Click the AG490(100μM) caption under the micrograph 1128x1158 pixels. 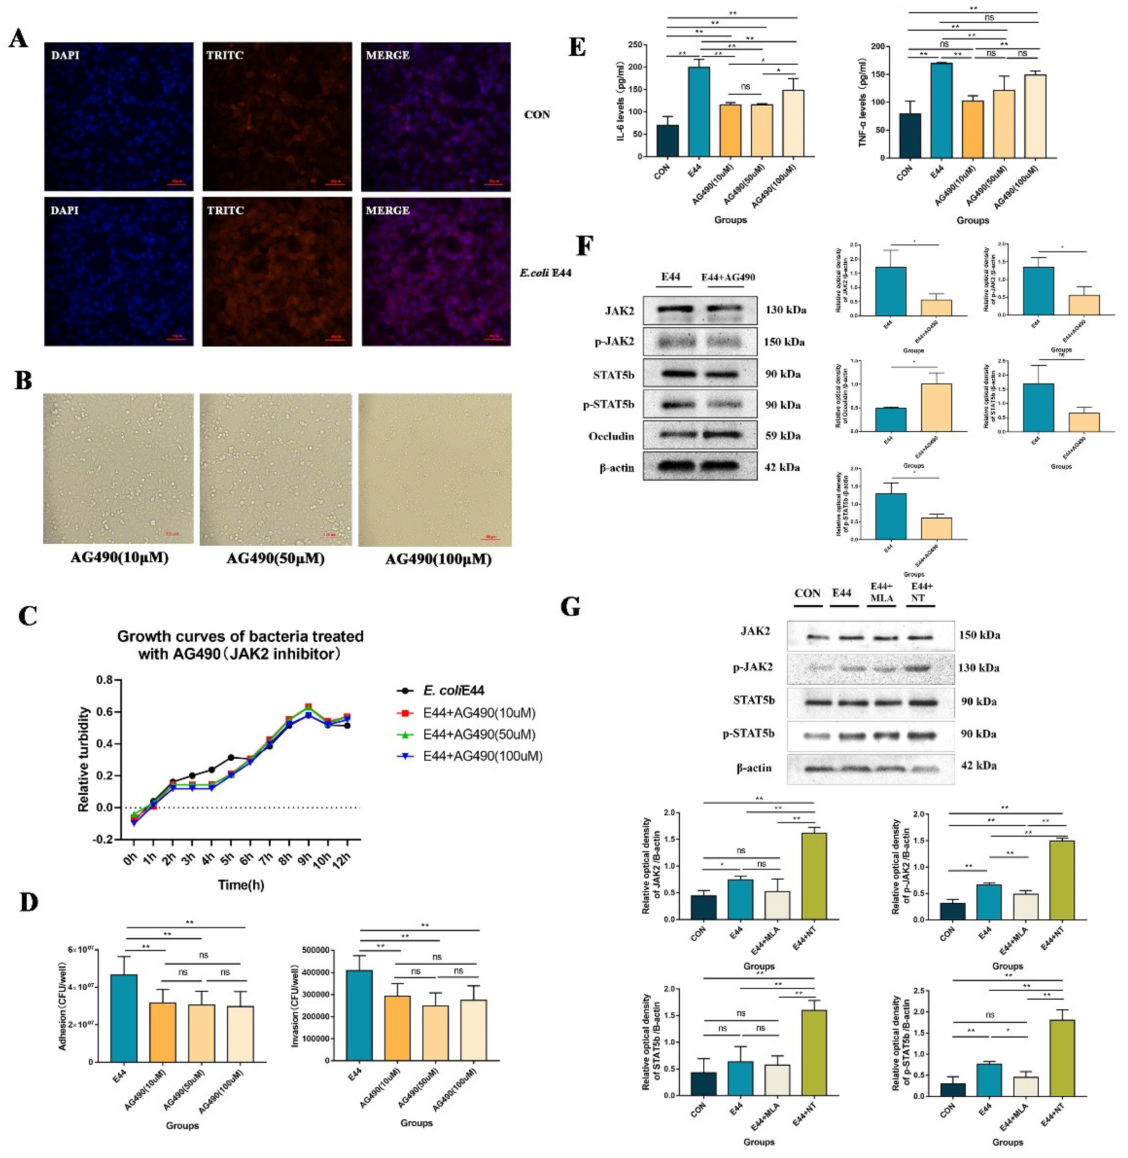click(x=438, y=559)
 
